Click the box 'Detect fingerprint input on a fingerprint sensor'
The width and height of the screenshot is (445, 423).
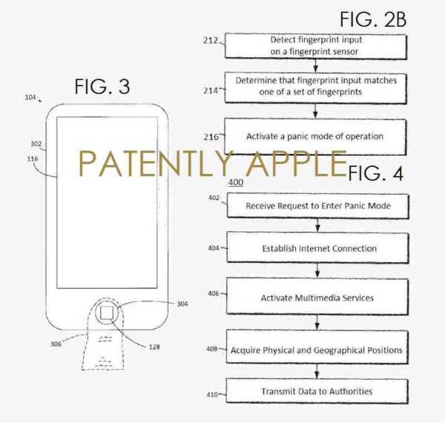315,46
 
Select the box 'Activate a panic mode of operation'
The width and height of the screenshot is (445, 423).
315,136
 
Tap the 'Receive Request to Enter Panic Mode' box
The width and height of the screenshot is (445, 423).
318,205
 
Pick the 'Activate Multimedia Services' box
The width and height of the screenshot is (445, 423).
318,297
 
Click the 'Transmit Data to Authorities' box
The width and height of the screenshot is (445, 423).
317,391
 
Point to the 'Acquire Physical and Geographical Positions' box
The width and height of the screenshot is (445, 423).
317,349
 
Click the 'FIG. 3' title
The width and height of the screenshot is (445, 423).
102,87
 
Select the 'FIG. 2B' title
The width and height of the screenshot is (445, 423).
373,19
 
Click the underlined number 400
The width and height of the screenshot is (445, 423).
235,182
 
